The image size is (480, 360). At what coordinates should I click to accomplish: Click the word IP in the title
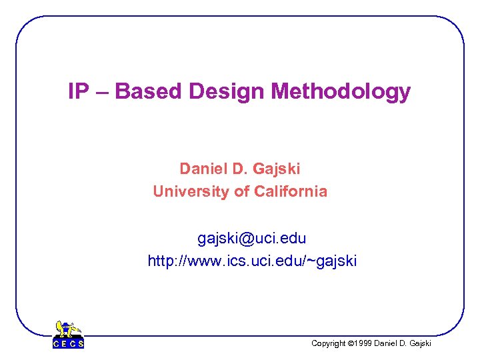[x=79, y=91]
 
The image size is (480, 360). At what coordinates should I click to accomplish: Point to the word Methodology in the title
[x=335, y=92]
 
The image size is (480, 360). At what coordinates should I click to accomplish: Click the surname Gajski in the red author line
[x=277, y=169]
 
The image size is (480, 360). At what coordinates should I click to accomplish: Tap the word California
[x=291, y=192]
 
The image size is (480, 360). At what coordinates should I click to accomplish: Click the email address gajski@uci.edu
[x=251, y=238]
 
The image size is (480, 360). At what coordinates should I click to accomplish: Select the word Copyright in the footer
[x=329, y=343]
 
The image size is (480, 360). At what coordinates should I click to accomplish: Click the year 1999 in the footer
[x=364, y=343]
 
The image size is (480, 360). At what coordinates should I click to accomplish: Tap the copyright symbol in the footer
[x=351, y=343]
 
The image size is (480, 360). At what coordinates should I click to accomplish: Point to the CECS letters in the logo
[x=68, y=344]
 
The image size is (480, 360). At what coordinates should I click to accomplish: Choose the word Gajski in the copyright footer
[x=418, y=343]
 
